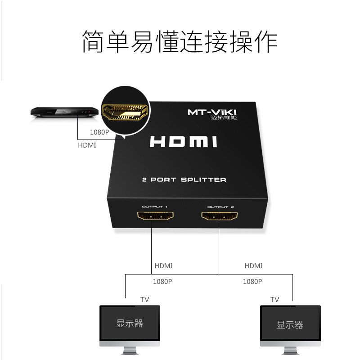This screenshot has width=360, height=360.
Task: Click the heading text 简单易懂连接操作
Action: [180, 41]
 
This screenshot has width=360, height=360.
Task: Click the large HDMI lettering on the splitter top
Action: [183, 142]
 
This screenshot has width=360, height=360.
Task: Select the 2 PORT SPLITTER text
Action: [184, 180]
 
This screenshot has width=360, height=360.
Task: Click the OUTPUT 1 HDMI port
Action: [155, 217]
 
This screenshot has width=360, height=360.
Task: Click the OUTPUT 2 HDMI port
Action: [219, 217]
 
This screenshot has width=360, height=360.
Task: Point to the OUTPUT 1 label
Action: [155, 207]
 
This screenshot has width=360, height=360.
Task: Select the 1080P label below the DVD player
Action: [99, 132]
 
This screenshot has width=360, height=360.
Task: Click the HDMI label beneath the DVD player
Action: [87, 145]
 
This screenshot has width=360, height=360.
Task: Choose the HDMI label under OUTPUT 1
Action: [163, 266]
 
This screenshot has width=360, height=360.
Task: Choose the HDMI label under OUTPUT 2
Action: [253, 266]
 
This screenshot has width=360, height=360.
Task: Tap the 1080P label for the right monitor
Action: [252, 282]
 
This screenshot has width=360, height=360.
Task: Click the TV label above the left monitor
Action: [144, 299]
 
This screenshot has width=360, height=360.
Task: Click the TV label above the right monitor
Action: [274, 299]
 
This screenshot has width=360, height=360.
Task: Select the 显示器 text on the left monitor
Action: [130, 324]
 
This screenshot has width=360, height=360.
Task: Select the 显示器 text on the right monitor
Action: [290, 325]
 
